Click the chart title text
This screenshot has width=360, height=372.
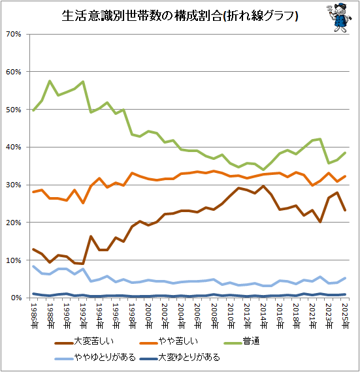180,16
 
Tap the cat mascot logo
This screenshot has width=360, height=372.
339,18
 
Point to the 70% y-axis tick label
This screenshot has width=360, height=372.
14,34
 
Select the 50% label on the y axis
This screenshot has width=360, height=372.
14,110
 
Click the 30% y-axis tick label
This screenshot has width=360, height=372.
14,185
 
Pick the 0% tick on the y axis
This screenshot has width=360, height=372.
16,298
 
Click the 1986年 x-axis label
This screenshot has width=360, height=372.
34,316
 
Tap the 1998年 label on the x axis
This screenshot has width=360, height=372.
132,316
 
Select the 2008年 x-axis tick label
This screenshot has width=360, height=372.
214,316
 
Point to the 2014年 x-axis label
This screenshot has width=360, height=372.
263,316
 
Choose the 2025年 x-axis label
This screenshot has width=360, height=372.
345,316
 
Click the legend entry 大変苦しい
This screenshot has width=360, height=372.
84,341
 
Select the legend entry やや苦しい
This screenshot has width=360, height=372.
169,341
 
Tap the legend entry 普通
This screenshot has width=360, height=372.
242,341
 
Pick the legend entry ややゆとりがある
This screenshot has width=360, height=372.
95,357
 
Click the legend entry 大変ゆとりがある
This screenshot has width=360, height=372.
180,357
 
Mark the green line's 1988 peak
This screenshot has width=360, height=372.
50,81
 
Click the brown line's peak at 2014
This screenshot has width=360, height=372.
263,186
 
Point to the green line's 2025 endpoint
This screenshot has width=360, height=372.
345,153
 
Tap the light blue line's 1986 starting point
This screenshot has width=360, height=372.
33,266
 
